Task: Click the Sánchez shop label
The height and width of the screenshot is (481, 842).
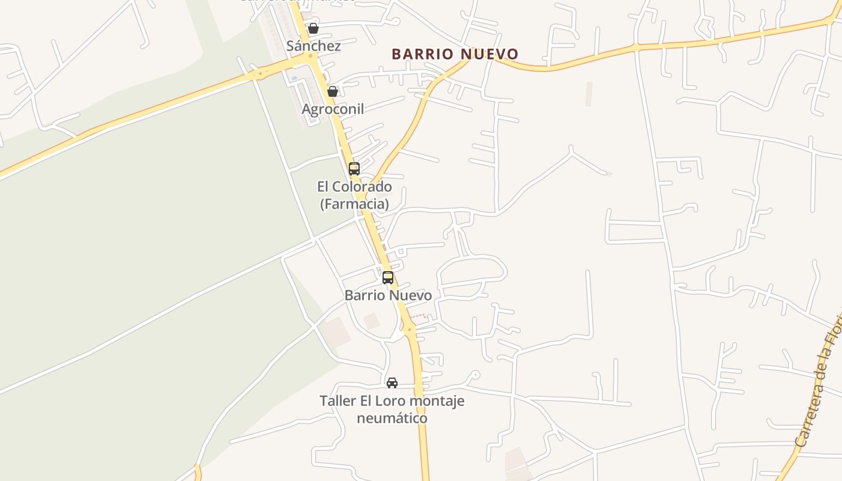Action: [x=313, y=46]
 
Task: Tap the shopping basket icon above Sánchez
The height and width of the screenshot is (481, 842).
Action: [x=313, y=28]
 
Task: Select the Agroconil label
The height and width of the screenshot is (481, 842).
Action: [x=333, y=109]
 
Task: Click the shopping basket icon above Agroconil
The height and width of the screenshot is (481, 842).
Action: [x=332, y=91]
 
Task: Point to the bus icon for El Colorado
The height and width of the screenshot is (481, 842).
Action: [x=354, y=168]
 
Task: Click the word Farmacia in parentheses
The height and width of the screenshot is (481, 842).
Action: [x=354, y=204]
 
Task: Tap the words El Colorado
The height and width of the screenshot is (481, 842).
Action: [x=354, y=186]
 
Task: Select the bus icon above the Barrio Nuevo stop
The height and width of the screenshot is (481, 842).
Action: [x=388, y=277]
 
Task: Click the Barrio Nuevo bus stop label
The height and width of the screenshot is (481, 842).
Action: [x=388, y=295]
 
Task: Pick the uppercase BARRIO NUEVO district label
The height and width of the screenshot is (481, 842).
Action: [x=455, y=54]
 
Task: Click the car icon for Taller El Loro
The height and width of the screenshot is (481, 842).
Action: [x=392, y=382]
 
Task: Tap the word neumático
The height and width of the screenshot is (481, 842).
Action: [x=392, y=418]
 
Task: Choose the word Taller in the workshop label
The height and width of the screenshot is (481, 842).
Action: [x=338, y=400]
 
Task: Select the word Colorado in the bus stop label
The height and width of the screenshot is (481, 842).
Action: [x=363, y=186]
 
